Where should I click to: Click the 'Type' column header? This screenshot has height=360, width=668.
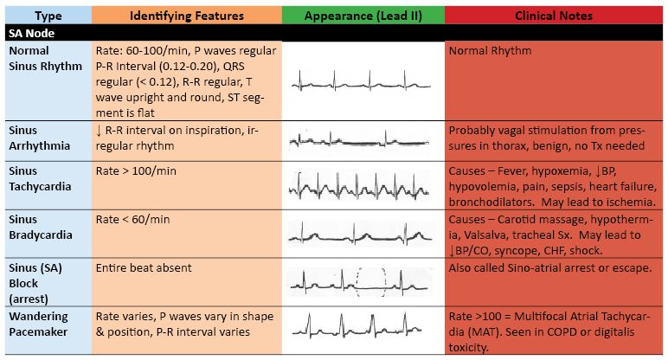click(x=48, y=16)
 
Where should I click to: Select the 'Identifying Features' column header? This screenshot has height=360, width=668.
click(x=187, y=16)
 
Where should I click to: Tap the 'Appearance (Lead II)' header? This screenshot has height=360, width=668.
click(x=363, y=16)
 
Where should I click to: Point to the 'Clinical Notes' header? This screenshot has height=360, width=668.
click(x=554, y=16)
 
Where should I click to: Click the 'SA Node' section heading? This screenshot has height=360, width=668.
click(x=31, y=33)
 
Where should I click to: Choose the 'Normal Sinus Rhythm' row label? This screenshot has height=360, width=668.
click(x=45, y=58)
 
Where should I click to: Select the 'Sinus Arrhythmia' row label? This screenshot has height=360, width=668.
click(x=39, y=138)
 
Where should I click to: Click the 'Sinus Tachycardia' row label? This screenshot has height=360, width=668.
click(x=40, y=178)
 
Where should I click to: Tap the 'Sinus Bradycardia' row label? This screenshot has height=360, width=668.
click(x=41, y=227)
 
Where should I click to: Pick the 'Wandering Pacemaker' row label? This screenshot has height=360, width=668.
click(x=38, y=324)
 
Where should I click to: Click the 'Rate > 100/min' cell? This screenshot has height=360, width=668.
click(x=136, y=170)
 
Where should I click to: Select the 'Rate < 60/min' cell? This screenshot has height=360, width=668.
click(x=132, y=220)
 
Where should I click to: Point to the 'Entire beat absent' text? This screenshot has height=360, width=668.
click(x=144, y=268)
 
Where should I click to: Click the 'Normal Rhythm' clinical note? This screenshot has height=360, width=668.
click(x=490, y=51)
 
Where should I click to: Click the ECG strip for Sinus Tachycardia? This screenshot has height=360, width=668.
click(x=359, y=186)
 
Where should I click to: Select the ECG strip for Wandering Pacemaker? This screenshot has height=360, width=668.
click(x=357, y=325)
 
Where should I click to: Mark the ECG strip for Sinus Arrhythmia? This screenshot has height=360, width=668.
click(x=359, y=138)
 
